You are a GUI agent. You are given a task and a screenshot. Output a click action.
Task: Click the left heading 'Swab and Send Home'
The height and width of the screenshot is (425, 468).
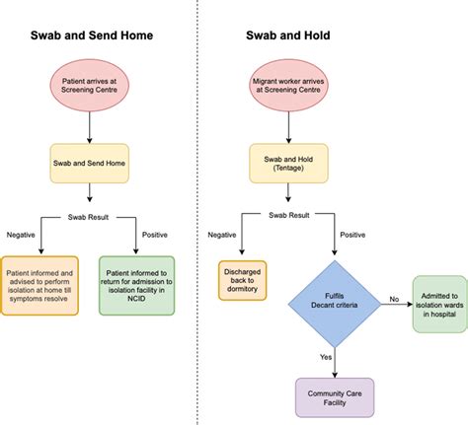(x=90, y=38)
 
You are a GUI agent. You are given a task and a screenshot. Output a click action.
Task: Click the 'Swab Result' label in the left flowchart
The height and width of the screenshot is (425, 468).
(x=90, y=216)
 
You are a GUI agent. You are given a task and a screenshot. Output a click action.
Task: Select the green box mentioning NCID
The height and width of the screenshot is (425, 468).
(x=136, y=285)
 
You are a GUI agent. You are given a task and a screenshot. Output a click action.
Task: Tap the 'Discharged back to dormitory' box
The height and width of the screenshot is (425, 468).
(x=243, y=279)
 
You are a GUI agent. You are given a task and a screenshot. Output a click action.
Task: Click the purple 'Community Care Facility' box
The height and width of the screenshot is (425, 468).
(x=337, y=396)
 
